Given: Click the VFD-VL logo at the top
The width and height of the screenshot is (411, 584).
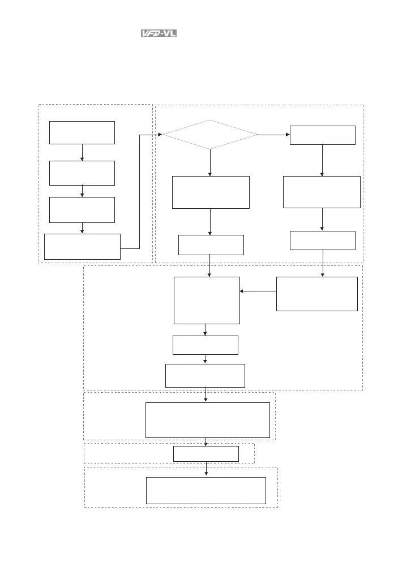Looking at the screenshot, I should [159, 33].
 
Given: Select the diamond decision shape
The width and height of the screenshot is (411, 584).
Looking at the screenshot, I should [210, 135].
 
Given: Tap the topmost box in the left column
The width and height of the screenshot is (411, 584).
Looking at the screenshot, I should [82, 132].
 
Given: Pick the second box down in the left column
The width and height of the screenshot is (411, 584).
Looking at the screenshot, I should [82, 173].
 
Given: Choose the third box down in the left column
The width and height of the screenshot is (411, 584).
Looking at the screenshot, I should [82, 209].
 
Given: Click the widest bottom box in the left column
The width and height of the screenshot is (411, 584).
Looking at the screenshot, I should [82, 246].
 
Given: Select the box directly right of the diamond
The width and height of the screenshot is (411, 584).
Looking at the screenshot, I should [322, 135].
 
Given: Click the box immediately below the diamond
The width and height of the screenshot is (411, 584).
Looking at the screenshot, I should [210, 192].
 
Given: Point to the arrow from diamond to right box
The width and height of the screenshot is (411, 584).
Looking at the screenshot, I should [273, 135].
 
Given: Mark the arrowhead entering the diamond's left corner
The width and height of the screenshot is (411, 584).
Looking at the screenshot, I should [160, 135].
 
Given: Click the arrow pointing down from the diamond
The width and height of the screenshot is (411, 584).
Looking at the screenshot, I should [210, 163].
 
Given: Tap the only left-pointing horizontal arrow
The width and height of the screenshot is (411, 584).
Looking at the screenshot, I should [258, 292].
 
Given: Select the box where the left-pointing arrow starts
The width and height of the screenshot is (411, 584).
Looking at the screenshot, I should [316, 294].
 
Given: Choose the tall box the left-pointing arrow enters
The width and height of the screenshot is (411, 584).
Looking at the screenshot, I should [207, 300].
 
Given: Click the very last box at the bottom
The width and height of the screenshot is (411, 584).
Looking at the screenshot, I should [206, 490].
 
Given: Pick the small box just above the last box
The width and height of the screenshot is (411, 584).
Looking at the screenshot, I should [206, 453].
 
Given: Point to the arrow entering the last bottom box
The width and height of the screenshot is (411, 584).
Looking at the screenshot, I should [206, 470].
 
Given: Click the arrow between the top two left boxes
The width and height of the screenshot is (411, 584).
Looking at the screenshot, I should [82, 153].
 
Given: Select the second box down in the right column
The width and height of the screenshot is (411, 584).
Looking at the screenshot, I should [322, 192].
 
